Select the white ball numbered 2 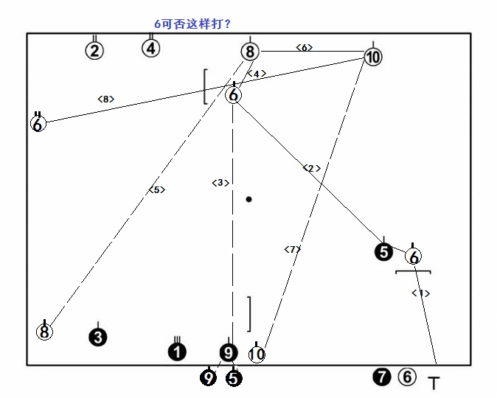[94, 51]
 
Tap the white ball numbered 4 [150, 49]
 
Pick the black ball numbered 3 [98, 338]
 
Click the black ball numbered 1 [177, 352]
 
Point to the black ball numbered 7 [381, 377]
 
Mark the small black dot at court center [249, 199]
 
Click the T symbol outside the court [434, 383]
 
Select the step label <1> [420, 293]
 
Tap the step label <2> [312, 168]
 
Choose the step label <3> [220, 183]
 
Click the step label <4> [256, 74]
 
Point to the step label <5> [156, 189]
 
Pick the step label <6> [305, 47]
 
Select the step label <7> [293, 249]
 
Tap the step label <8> [105, 98]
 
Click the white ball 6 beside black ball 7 [407, 377]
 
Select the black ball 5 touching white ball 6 [383, 252]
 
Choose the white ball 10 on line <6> [372, 57]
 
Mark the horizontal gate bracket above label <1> [413, 272]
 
